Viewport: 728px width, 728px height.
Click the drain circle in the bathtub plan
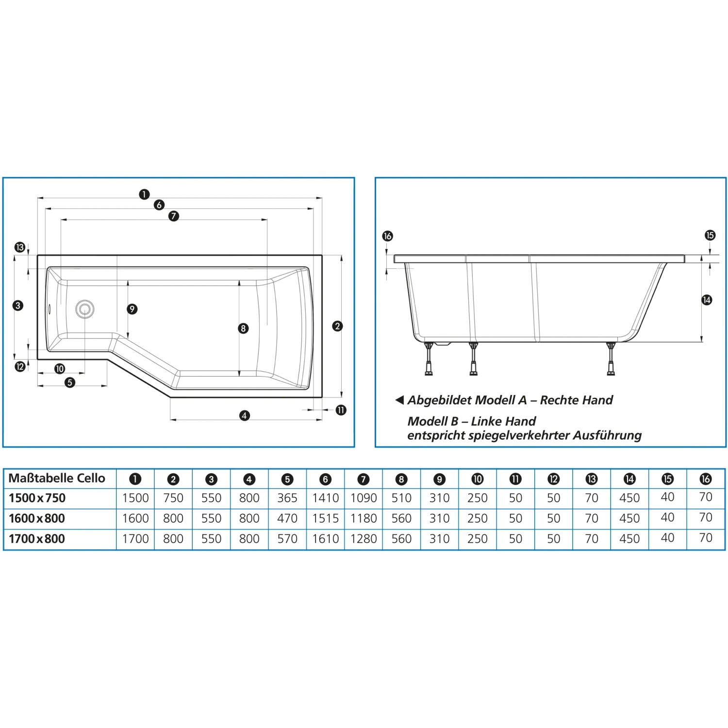[85, 309]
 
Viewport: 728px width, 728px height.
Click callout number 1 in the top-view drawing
[144, 194]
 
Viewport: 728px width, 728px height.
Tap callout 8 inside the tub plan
[243, 329]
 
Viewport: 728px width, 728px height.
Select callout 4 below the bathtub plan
[245, 415]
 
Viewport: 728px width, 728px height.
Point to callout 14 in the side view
[707, 300]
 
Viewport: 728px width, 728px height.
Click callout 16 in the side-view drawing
[387, 236]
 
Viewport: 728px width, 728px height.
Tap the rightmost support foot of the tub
[611, 359]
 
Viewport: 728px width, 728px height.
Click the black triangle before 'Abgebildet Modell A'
[400, 400]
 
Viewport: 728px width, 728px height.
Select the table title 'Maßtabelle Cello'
[57, 478]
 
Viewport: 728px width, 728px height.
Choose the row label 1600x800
[37, 518]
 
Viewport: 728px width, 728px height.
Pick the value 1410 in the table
[325, 498]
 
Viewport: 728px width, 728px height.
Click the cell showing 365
[287, 498]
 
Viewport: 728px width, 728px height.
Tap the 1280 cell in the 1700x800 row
[364, 539]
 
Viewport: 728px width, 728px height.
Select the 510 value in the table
[401, 498]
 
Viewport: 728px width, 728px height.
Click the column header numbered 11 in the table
[515, 479]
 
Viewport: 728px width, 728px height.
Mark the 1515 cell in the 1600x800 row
[325, 518]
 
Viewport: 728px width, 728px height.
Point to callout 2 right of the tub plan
[337, 326]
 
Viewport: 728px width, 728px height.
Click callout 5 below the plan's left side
[70, 382]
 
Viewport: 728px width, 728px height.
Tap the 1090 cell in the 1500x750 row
[364, 498]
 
